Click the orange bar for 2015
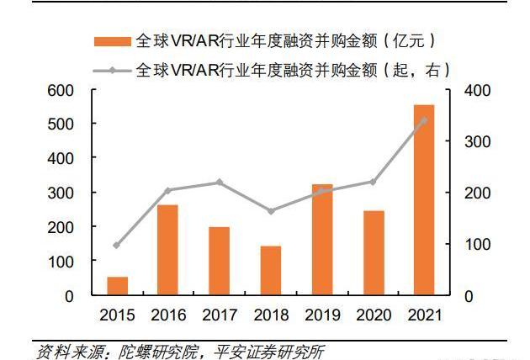(117, 286)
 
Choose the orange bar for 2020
(373, 253)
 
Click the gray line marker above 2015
(117, 245)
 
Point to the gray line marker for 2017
(219, 182)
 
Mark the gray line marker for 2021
(423, 120)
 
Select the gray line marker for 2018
(270, 210)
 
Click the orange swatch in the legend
(111, 40)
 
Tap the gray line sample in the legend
(111, 69)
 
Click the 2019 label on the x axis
(321, 315)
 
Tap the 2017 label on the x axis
(219, 315)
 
